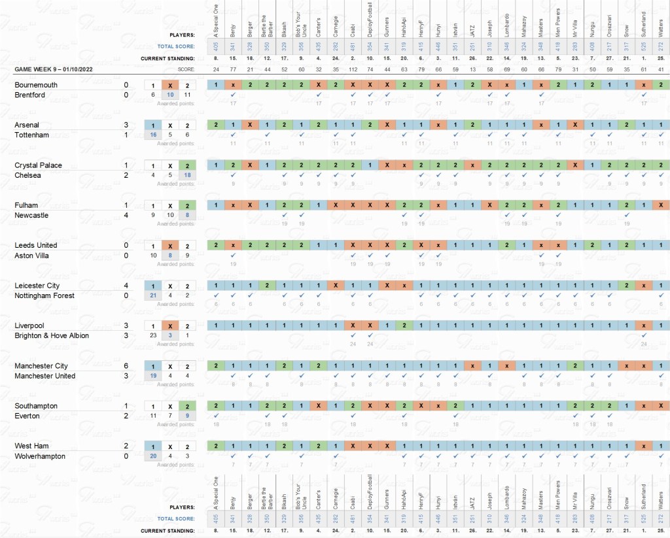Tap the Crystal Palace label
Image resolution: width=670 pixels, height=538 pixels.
38,165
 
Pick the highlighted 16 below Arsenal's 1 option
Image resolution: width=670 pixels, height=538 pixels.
153,135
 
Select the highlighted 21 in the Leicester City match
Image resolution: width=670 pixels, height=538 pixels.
153,295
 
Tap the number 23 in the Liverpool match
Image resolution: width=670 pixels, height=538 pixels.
153,335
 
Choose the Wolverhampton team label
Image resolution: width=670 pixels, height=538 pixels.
39,456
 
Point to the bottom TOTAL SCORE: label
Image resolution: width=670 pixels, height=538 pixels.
177,519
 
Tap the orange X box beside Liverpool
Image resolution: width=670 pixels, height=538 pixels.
170,326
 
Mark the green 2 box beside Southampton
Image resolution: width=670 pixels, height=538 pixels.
187,406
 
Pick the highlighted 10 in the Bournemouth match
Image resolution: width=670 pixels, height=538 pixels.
170,95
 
